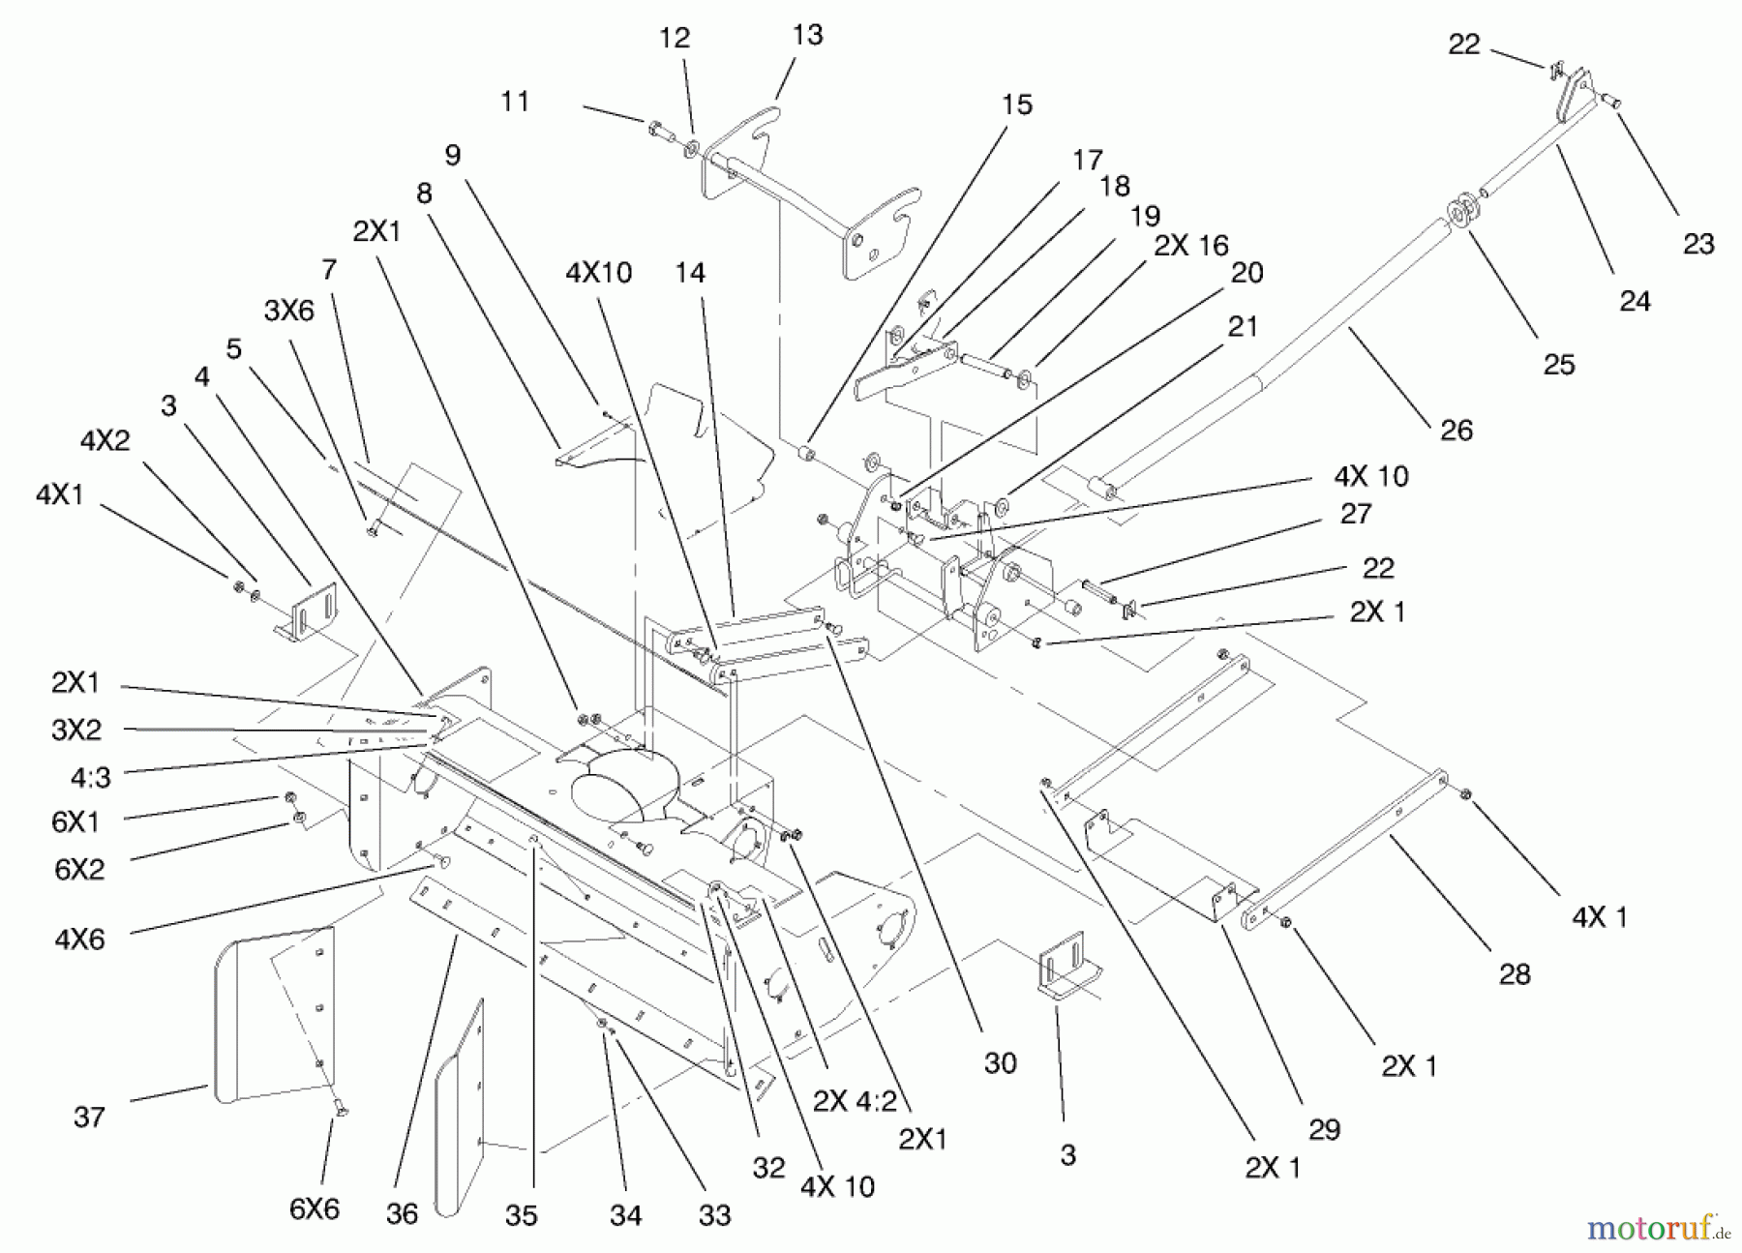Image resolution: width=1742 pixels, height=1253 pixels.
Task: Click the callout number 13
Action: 807,35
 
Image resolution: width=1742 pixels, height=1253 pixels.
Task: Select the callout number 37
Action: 89,1117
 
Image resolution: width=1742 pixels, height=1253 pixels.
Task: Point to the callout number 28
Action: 1515,973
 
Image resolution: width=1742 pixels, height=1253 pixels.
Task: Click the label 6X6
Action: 315,1208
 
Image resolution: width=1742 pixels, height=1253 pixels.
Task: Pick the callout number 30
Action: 1000,1062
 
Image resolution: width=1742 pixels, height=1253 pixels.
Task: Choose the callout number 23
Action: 1698,243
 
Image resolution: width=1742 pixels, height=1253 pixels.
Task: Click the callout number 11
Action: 515,101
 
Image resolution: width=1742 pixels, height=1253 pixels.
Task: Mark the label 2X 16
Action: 1190,246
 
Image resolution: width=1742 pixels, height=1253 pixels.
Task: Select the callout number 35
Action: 521,1214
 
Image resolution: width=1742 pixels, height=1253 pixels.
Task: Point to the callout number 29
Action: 1324,1129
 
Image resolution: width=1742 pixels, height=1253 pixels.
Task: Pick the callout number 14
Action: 690,273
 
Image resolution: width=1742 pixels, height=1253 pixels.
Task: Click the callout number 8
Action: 424,194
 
